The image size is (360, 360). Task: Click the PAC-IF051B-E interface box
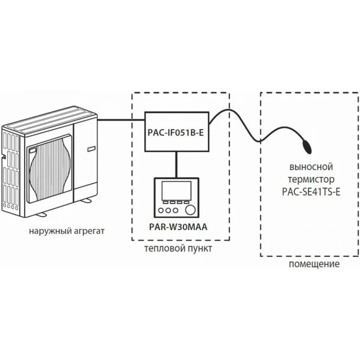point(176,132)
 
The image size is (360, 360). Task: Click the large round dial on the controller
point(192,210)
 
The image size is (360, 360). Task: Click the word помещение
point(314,264)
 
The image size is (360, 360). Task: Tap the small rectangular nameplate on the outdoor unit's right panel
point(89,147)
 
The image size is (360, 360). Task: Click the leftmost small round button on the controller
point(162,210)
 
